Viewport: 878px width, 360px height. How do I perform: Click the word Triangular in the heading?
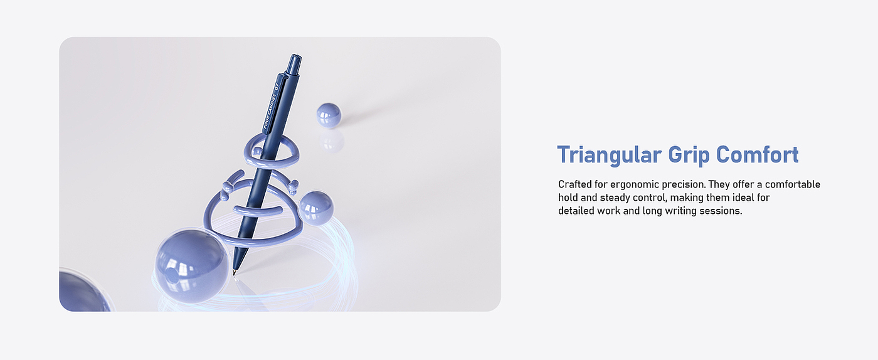(610, 154)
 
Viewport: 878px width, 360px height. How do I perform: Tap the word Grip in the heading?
(689, 156)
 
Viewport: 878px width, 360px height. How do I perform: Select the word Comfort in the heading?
(758, 154)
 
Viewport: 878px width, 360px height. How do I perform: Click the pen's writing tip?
(234, 272)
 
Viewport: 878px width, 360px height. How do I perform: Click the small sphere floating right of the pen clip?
(329, 115)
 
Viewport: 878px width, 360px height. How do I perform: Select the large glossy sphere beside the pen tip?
(191, 267)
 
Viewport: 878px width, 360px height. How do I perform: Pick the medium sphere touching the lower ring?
(316, 208)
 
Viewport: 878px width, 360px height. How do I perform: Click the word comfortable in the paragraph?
(793, 184)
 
